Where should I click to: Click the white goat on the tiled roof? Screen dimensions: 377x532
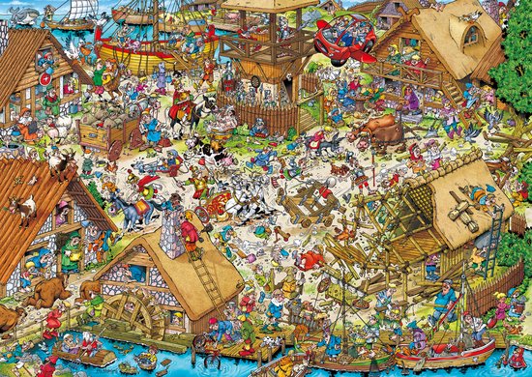coord(21,208)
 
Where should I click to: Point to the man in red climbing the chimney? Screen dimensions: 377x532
coord(190,232)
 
